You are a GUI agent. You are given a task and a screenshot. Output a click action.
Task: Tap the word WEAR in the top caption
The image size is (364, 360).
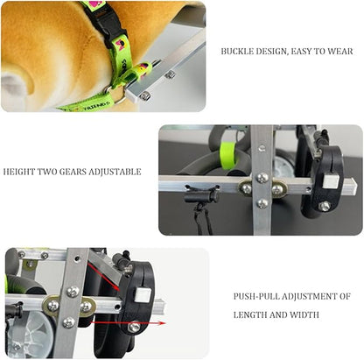tap(340, 52)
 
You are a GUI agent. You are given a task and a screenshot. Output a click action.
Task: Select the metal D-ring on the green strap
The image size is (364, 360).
tap(116, 95)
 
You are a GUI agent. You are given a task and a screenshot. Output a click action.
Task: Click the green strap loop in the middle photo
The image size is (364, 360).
tap(227, 155)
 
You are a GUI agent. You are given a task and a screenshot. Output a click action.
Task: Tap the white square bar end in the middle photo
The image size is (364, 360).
tap(331, 181)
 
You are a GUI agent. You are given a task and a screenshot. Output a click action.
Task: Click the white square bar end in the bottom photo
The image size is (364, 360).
tap(143, 295)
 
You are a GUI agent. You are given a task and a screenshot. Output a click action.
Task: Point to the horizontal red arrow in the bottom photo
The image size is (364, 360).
tap(128, 323)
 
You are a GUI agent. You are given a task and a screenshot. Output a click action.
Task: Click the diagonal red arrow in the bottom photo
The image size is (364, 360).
tap(103, 277)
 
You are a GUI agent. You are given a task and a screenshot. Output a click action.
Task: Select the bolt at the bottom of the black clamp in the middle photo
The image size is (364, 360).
tap(325, 207)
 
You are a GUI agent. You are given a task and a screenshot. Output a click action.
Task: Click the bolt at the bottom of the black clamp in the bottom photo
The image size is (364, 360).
tap(134, 327)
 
